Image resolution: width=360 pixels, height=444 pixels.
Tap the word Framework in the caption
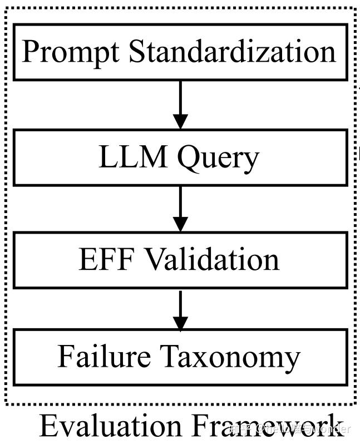coord(262,426)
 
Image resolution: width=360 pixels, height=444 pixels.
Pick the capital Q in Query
coord(188,158)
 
